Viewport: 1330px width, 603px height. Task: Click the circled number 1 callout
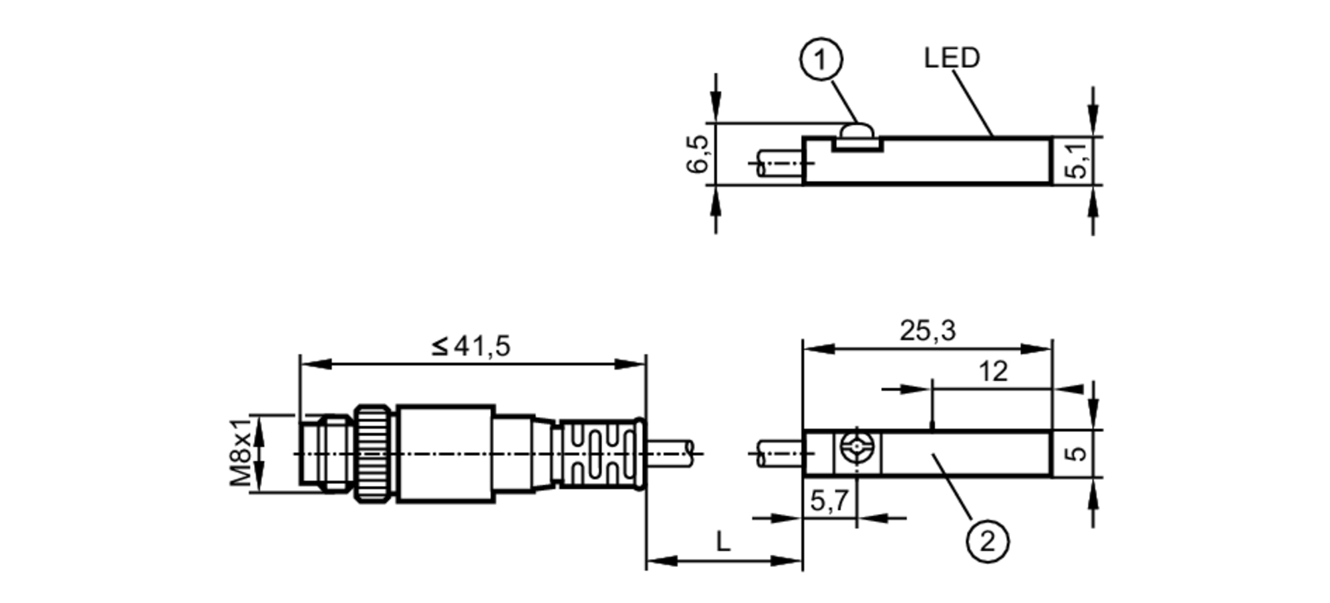click(x=821, y=60)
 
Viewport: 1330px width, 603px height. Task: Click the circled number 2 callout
click(x=987, y=541)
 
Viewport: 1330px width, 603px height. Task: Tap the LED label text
click(x=952, y=58)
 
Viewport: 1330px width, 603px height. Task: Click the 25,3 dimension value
click(x=927, y=330)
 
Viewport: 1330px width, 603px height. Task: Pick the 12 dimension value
click(x=993, y=371)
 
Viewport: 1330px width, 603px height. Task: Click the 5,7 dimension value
click(x=829, y=500)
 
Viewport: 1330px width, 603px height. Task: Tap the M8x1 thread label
click(x=241, y=452)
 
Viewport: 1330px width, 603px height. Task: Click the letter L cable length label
click(x=723, y=542)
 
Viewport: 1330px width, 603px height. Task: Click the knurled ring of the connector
click(x=375, y=453)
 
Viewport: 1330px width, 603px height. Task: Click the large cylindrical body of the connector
click(x=446, y=453)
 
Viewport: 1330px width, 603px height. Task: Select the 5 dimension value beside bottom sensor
click(x=1076, y=453)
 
